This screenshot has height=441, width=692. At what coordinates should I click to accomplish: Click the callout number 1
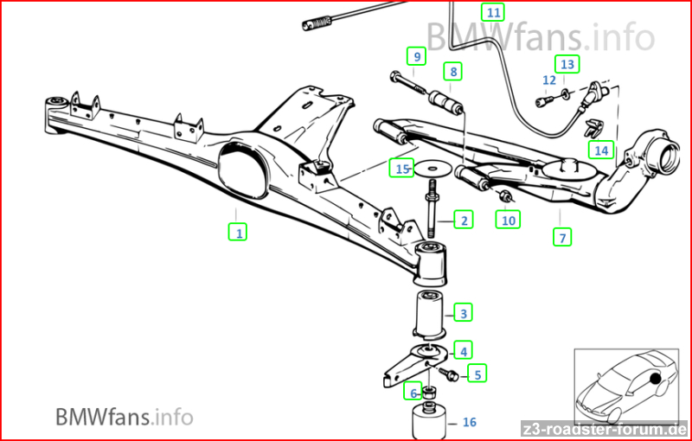(x=239, y=233)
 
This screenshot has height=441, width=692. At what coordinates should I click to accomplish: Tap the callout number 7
(x=562, y=238)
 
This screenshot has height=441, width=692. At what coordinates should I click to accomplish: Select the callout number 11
(x=493, y=12)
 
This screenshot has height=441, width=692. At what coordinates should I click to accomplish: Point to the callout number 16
(x=470, y=422)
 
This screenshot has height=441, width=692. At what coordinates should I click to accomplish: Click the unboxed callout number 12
(x=549, y=80)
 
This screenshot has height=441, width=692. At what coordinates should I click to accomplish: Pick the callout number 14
(x=601, y=150)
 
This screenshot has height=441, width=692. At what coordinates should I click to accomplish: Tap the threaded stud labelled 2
(x=432, y=211)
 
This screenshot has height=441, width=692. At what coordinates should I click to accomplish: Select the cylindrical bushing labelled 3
(x=430, y=316)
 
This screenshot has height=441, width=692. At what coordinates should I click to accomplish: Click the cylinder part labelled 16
(x=428, y=420)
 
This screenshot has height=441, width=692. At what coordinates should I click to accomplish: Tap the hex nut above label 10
(x=504, y=195)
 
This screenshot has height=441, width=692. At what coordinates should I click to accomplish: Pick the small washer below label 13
(x=565, y=93)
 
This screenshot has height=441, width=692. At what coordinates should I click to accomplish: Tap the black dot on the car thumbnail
(x=656, y=379)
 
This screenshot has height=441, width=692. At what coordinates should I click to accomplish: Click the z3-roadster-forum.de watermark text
(x=604, y=429)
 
